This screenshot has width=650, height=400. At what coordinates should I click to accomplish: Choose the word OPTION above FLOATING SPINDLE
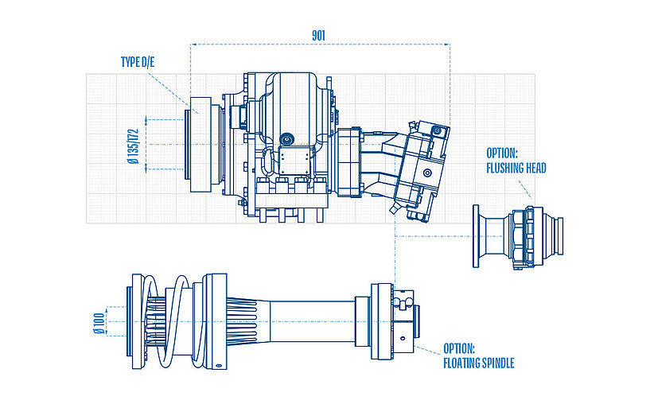[x=460, y=349]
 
